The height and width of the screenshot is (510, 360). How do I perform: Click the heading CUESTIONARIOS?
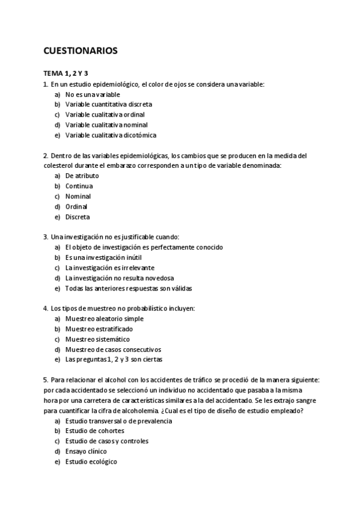click(x=81, y=51)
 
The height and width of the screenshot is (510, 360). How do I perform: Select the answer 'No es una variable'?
click(x=93, y=94)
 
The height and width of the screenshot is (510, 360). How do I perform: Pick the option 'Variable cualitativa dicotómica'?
click(x=111, y=135)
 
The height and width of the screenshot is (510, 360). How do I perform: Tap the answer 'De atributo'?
click(x=82, y=176)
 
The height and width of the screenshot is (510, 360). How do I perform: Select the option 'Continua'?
click(x=79, y=186)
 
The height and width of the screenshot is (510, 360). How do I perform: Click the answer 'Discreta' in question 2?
click(x=78, y=217)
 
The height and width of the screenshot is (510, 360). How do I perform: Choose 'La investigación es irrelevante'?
click(x=109, y=268)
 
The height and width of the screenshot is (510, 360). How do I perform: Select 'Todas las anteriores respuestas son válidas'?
click(x=129, y=288)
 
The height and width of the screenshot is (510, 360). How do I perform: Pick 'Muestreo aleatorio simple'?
click(x=105, y=319)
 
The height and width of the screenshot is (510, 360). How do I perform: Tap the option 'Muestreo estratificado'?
click(x=99, y=329)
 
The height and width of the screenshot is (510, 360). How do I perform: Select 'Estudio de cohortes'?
click(x=95, y=431)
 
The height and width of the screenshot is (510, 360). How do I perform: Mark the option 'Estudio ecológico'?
click(x=91, y=461)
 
